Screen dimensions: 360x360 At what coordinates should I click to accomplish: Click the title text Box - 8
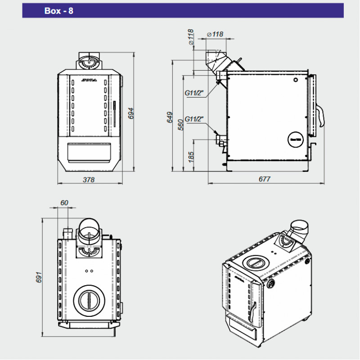point(59,11)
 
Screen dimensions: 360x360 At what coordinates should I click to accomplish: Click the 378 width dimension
point(89,180)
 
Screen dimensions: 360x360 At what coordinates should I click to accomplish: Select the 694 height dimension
point(131,112)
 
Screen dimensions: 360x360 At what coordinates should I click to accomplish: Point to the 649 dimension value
point(170,117)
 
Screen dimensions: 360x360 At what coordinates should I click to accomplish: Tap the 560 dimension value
point(180,124)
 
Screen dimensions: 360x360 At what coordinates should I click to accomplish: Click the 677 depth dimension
point(265,179)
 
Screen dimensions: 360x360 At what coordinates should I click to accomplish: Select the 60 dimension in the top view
point(64,203)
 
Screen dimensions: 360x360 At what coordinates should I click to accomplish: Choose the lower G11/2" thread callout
point(194,119)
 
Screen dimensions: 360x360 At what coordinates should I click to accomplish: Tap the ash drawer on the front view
point(89,152)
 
